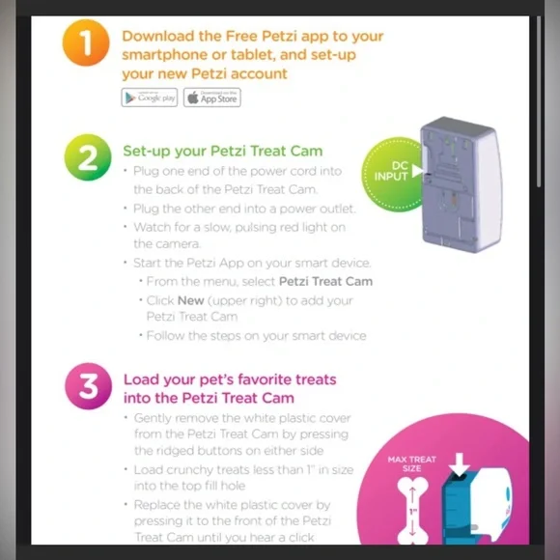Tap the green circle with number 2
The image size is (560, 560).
tap(88, 158)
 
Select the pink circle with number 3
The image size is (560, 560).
tap(88, 387)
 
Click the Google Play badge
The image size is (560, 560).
tap(150, 98)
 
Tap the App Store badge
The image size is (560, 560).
tap(211, 98)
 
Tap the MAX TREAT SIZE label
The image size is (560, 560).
tap(411, 464)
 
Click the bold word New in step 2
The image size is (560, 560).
tap(190, 300)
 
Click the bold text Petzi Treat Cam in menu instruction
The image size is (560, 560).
tap(325, 281)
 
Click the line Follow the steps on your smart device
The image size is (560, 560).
tap(256, 335)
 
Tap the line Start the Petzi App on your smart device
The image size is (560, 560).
tap(252, 263)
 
